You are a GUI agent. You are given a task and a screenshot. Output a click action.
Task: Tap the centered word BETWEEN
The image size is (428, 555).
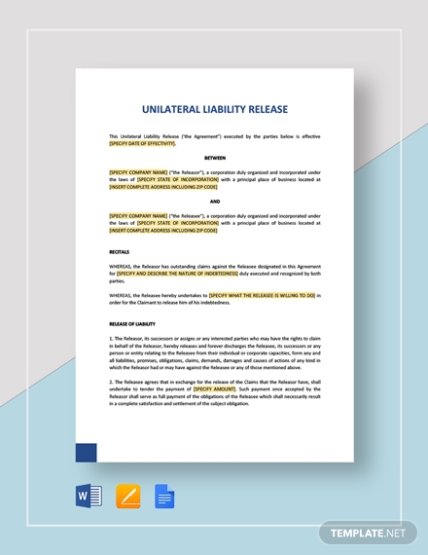pos(215,158)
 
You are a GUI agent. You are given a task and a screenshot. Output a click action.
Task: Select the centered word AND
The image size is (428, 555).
pos(215,202)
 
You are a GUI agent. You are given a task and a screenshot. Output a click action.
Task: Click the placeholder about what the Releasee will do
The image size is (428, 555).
pos(262,294)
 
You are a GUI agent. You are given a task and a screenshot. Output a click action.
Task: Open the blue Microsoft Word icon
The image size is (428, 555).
pos(89,497)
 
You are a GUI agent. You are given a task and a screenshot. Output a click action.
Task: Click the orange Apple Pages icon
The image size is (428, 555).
pos(127,497)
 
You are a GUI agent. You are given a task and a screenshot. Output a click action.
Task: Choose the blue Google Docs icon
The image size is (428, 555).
pos(164,498)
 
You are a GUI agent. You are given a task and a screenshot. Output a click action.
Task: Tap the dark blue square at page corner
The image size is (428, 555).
pos(86,452)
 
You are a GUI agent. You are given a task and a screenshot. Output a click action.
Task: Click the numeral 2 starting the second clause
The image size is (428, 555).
pos(111,381)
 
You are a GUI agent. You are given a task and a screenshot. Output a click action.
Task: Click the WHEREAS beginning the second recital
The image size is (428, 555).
pos(122,294)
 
